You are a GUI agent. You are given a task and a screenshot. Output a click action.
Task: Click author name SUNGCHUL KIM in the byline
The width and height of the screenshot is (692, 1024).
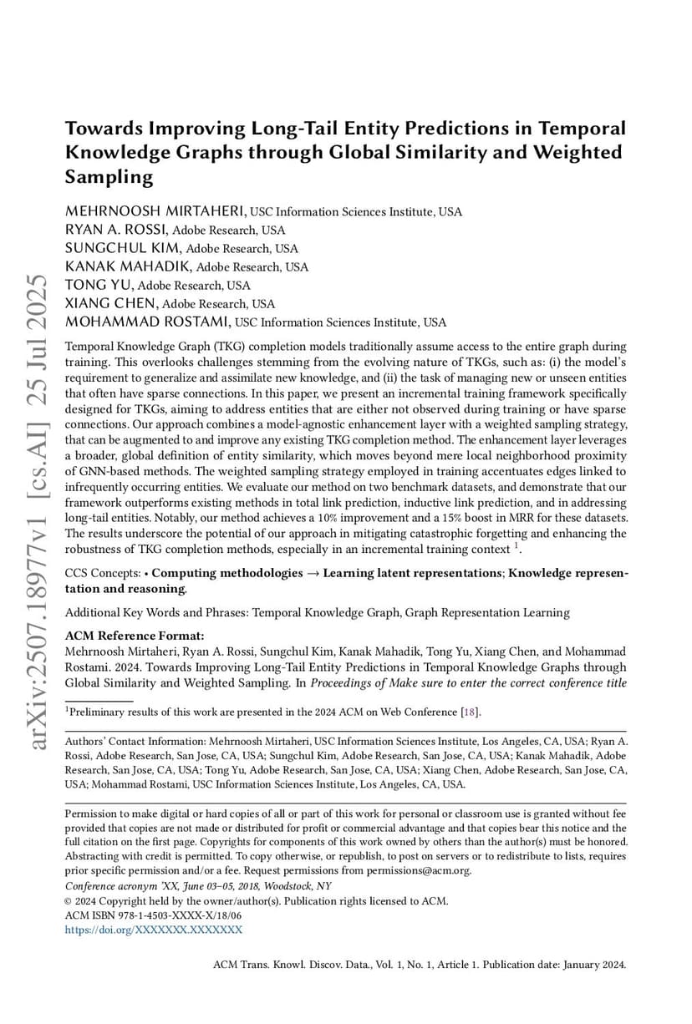tap(124, 248)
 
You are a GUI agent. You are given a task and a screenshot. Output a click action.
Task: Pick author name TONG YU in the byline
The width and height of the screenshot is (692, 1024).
tap(99, 286)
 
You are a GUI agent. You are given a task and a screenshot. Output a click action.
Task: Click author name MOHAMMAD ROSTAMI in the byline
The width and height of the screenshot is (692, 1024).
tap(148, 322)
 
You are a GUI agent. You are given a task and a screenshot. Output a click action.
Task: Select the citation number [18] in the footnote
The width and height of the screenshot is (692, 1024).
tap(471, 712)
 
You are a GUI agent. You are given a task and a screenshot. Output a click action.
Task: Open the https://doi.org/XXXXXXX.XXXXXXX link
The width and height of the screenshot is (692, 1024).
tap(154, 929)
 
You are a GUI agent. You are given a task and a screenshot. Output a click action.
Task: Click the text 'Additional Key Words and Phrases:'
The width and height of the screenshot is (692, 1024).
tap(156, 613)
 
